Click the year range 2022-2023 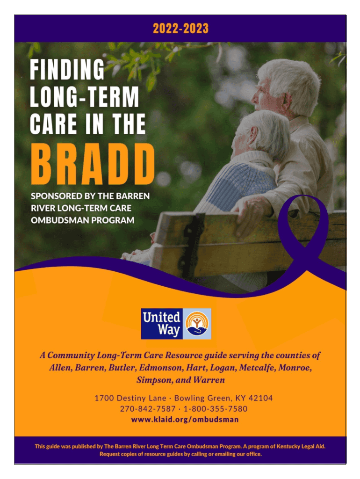click(180, 29)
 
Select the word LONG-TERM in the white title click(84, 96)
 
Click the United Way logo click(176, 324)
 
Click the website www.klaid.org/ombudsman click(185, 420)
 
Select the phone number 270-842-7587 click(148, 409)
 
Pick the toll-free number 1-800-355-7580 click(215, 409)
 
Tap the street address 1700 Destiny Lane click(130, 398)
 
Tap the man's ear click(287, 100)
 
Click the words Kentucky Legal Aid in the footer click(301, 446)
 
